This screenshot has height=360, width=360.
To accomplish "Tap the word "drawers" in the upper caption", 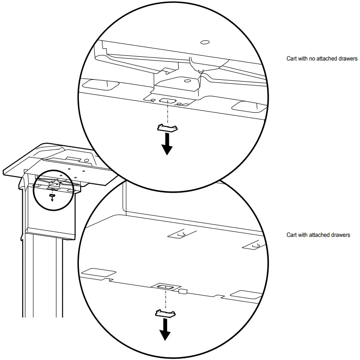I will click(x=348, y=59).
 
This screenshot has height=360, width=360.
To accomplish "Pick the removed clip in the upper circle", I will click(x=167, y=127).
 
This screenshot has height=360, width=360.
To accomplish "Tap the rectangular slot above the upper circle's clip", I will click(x=166, y=100).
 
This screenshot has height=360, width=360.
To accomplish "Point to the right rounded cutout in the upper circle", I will click(x=246, y=106).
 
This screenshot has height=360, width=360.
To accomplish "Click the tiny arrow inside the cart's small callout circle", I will click(x=52, y=198).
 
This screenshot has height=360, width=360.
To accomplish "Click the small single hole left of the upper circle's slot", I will click(x=153, y=99).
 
